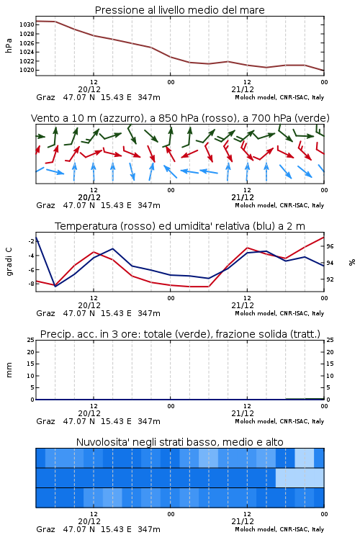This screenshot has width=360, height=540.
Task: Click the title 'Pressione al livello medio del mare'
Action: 180,10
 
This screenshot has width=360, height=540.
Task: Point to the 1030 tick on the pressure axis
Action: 27,24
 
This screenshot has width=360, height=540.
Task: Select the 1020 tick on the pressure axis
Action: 27,70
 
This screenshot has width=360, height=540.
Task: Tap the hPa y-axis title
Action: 9,45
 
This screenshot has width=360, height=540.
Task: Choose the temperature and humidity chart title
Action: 180,226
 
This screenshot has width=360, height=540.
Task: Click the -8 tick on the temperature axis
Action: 31,284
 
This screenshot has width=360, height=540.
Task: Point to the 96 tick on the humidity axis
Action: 330,246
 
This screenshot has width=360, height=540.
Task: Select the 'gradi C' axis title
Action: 9,262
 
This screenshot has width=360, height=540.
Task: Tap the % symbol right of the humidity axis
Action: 352,262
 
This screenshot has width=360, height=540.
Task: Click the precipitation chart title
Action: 180,334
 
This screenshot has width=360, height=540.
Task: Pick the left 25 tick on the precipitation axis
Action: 31,340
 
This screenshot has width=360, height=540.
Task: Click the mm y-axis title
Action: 9,370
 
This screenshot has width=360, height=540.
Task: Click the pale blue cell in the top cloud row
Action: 305,458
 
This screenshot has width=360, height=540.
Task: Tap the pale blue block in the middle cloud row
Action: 300,477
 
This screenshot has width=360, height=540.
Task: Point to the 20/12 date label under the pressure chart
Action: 89,89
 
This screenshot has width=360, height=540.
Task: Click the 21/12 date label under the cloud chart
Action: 243,521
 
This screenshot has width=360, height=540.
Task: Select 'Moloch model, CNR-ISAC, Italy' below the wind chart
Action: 279,205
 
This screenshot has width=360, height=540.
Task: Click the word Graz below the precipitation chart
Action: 45,421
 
